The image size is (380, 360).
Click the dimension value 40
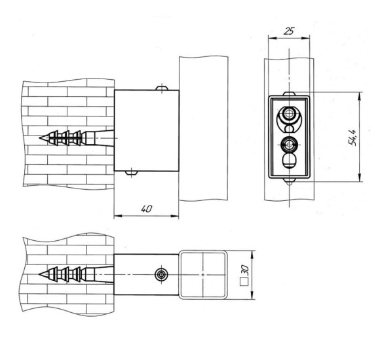pos(147,209)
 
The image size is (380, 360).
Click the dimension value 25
pos(289,31)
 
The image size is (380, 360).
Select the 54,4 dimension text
pos(352,137)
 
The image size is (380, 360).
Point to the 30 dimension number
pos(245,270)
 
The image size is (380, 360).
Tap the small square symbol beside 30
pos(244,282)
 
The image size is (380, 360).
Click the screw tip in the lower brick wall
pos(40,274)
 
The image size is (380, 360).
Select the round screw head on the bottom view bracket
pos(161,275)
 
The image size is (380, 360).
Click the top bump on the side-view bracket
pos(162,88)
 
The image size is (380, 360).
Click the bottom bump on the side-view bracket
pos(131,173)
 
